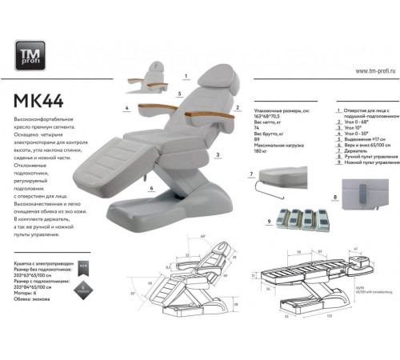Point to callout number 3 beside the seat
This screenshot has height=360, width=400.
click(x=218, y=151)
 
